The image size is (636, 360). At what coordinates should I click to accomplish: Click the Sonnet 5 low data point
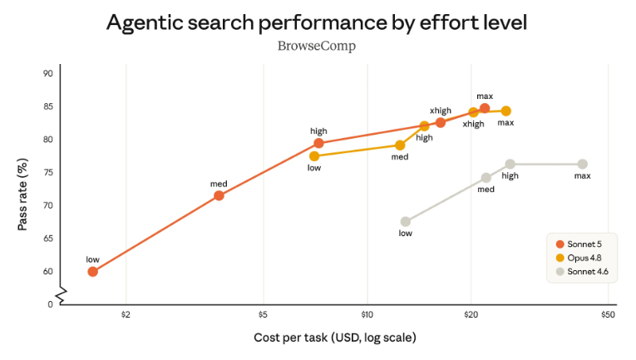pyautogui.click(x=92, y=272)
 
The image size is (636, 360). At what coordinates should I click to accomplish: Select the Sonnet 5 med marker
pyautogui.click(x=219, y=196)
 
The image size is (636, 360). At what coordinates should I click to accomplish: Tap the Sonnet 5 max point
pyautogui.click(x=485, y=108)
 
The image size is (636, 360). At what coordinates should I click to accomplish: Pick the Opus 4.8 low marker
pyautogui.click(x=314, y=156)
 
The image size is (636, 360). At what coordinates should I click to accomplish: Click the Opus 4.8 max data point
pyautogui.click(x=505, y=111)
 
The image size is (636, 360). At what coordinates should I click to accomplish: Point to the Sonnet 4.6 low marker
pyautogui.click(x=405, y=222)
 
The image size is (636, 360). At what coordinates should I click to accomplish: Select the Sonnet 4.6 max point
pyautogui.click(x=583, y=164)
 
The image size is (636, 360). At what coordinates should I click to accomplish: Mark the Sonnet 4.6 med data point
pyautogui.click(x=486, y=178)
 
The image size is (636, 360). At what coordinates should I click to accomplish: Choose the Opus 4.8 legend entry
pyautogui.click(x=579, y=258)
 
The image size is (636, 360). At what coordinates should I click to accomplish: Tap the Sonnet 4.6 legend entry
pyautogui.click(x=582, y=272)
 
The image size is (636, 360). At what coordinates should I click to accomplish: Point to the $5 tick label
pyautogui.click(x=264, y=314)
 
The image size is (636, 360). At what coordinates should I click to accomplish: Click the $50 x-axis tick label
pyautogui.click(x=608, y=314)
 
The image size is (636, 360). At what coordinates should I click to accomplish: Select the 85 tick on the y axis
pyautogui.click(x=48, y=106)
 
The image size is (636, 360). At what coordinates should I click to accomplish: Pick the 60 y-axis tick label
pyautogui.click(x=48, y=272)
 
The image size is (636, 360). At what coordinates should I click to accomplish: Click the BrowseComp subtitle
pyautogui.click(x=317, y=47)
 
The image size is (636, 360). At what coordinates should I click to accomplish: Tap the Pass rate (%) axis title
pyautogui.click(x=22, y=195)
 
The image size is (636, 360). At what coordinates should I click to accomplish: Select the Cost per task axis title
pyautogui.click(x=335, y=338)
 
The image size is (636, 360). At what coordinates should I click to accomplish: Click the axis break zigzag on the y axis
pyautogui.click(x=61, y=295)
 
